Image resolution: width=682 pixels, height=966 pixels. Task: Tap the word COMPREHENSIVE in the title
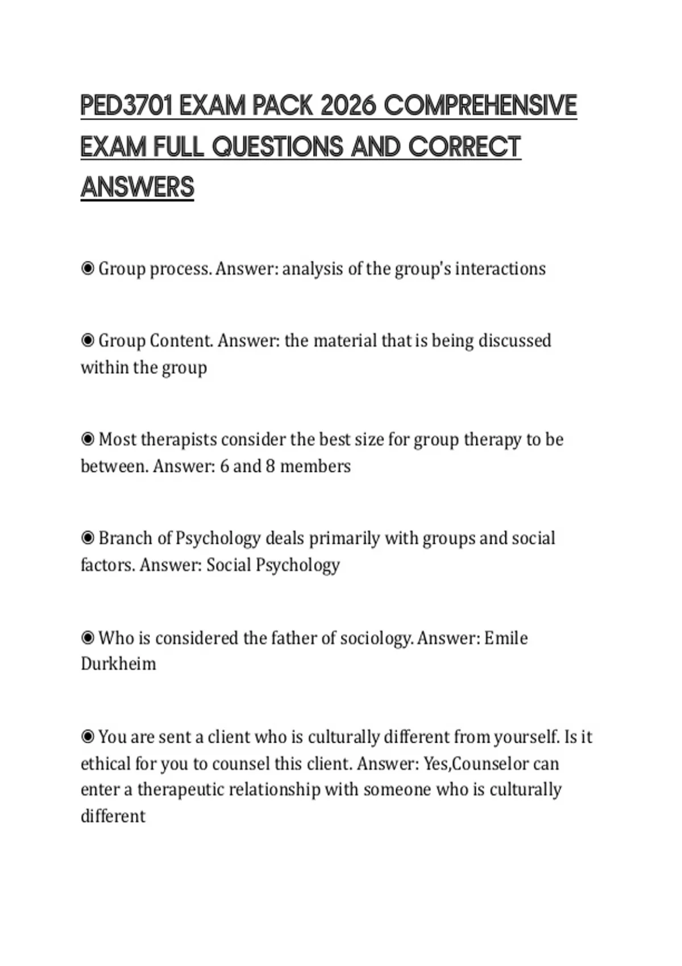coord(481,106)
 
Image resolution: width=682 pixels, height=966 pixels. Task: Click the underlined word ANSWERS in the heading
coord(138,188)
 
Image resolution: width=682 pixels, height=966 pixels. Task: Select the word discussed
coord(515,340)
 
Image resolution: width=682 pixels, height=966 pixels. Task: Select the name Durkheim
coord(118,664)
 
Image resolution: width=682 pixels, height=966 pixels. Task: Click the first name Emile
coord(506,638)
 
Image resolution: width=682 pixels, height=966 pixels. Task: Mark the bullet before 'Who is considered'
coord(88,638)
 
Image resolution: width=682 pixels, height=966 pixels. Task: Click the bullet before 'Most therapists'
coord(88,439)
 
